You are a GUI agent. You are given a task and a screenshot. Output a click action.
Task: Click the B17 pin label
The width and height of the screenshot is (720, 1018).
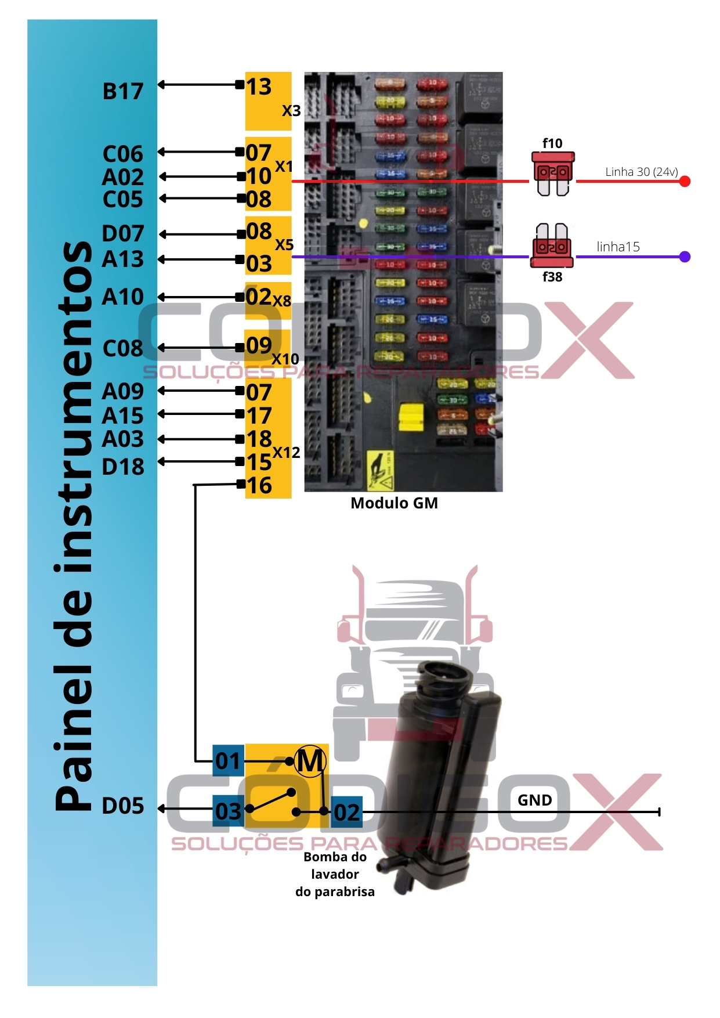[x=122, y=92]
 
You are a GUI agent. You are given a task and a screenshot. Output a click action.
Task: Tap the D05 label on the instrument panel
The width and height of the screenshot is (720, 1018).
[x=122, y=806]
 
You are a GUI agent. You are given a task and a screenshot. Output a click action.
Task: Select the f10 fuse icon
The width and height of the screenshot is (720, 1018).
[x=553, y=173]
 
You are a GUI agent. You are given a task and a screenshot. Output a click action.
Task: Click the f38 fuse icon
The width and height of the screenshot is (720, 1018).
[x=552, y=246]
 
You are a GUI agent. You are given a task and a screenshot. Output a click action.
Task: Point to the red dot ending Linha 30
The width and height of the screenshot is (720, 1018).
[x=685, y=181]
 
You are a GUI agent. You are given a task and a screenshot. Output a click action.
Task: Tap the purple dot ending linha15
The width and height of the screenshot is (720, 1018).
[x=685, y=257]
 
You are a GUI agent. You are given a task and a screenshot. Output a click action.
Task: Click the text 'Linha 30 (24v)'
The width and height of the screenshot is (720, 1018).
[x=641, y=172]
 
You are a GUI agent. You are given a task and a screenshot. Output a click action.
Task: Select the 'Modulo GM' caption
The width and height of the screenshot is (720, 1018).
[x=394, y=503]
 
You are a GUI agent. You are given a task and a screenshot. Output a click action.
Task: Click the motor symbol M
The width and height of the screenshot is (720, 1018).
[x=310, y=761]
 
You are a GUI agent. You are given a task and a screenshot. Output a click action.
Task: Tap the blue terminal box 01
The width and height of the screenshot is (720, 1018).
[x=228, y=760]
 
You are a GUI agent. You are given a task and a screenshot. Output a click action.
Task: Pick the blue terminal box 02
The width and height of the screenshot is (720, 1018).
[x=347, y=812]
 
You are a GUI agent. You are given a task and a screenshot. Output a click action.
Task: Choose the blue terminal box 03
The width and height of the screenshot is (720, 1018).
[x=228, y=811]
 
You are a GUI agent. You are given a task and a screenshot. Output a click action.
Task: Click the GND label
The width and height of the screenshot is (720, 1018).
[x=534, y=800]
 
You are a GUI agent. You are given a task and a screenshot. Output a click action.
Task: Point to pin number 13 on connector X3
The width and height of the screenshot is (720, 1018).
[x=259, y=87]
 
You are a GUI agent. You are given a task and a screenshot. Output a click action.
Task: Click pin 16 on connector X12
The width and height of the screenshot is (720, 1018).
[x=259, y=485]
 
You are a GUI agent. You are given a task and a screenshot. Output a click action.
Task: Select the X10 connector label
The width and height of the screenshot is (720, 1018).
[x=285, y=359]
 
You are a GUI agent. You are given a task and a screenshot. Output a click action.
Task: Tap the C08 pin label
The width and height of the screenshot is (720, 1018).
[x=122, y=348]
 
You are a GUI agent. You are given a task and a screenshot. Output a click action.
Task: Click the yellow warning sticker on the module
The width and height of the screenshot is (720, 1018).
[x=380, y=470]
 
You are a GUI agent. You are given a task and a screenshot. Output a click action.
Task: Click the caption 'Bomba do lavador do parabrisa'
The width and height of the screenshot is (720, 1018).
[x=335, y=874]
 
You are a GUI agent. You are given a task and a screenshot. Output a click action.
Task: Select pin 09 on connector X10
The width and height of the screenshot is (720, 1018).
[x=259, y=345]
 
